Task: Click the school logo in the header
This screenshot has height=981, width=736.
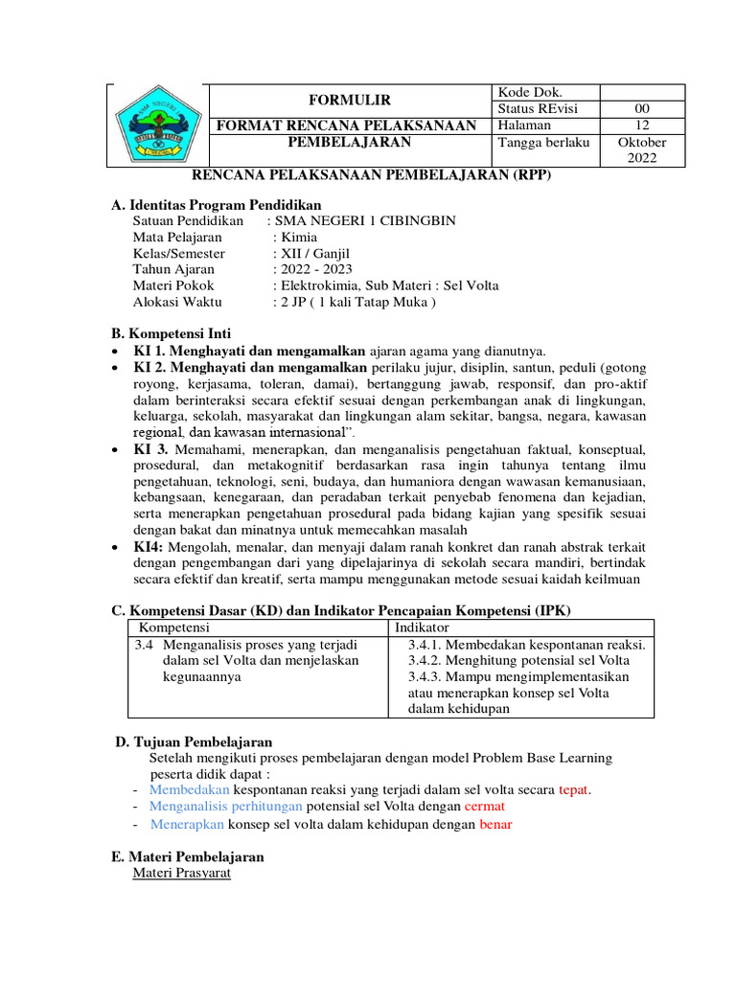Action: pyautogui.click(x=157, y=125)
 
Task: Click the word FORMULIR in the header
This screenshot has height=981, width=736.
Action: pyautogui.click(x=349, y=101)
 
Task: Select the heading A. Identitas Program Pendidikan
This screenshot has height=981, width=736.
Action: pyautogui.click(x=217, y=205)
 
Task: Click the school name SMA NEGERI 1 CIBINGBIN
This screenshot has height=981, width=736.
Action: pyautogui.click(x=365, y=221)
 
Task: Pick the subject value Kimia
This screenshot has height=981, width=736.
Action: pyautogui.click(x=295, y=238)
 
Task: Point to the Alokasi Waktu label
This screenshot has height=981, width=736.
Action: pyautogui.click(x=177, y=302)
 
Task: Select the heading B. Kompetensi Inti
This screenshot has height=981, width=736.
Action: pyautogui.click(x=172, y=334)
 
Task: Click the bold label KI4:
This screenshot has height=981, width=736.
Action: pyautogui.click(x=149, y=546)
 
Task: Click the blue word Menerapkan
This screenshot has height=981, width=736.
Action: pyautogui.click(x=186, y=825)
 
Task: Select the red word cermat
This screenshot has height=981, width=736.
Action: pyautogui.click(x=484, y=808)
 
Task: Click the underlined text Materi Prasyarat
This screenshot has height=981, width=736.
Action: pyautogui.click(x=181, y=874)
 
